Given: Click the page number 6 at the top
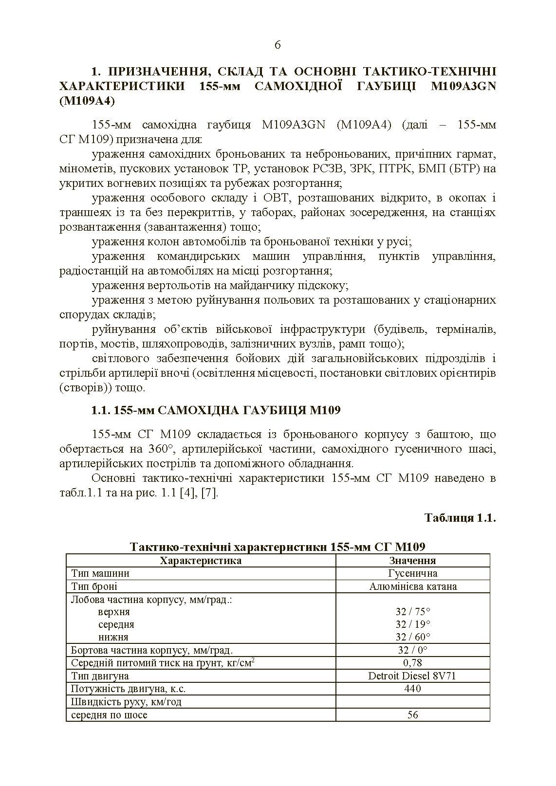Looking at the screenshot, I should point(278,45).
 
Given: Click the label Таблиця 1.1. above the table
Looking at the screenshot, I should point(460,517).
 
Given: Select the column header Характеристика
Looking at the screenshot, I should point(201,560).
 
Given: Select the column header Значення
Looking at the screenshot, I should point(412,560).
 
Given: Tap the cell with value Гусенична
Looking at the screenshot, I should point(412,573).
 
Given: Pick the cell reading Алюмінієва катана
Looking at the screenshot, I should point(412,586).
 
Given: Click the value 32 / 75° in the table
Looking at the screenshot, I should point(412,612).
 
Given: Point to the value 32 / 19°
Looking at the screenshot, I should point(412,624).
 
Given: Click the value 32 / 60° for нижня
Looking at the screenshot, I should point(412,637).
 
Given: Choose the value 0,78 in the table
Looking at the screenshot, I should point(412,662).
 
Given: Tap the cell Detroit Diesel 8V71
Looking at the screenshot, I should point(412,676).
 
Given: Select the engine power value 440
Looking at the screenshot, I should point(412,688).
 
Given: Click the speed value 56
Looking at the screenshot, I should point(412,714).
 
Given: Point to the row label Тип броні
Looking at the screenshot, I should point(94,586).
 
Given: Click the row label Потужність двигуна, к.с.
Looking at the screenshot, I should point(128,689).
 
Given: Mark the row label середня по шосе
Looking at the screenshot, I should point(109,714).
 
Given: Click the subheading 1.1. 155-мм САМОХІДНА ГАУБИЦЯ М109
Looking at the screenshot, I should point(216,410).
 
